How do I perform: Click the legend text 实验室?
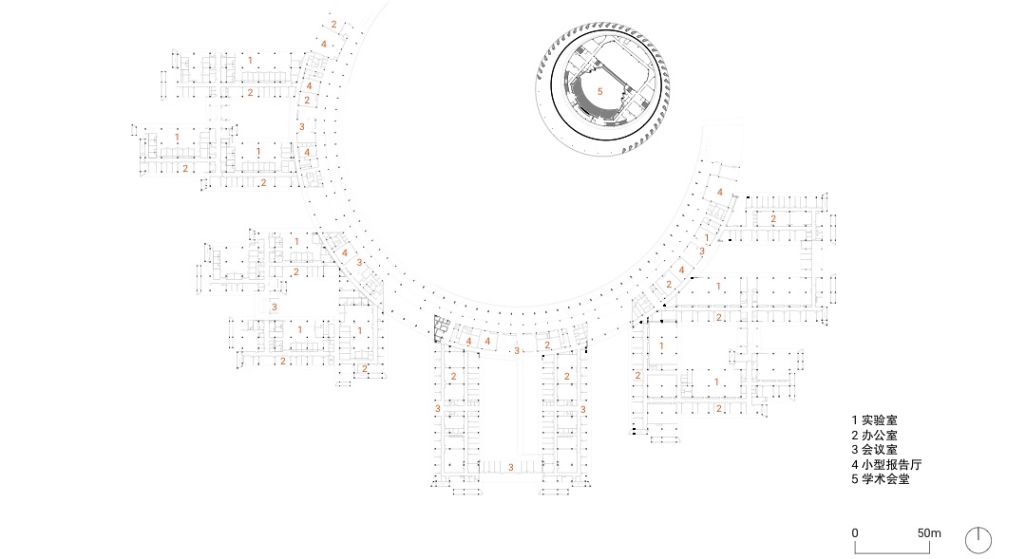880,420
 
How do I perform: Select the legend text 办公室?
880,436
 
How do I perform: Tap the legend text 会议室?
880,450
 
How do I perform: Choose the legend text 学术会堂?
885,479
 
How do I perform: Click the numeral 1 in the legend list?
855,420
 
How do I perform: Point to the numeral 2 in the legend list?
855,436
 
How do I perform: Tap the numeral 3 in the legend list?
855,450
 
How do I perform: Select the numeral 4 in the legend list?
855,465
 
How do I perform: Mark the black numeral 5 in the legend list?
855,479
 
